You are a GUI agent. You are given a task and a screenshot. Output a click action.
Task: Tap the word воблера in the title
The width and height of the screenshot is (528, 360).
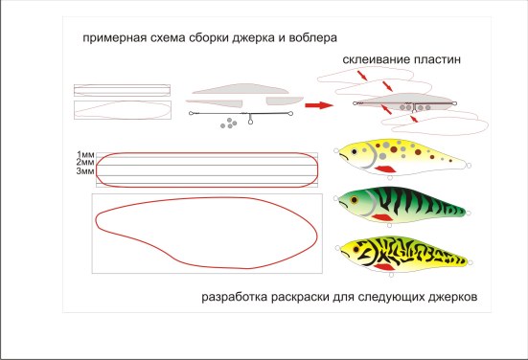point(312,37)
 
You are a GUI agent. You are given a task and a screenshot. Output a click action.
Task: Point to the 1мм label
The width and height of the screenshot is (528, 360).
point(85,154)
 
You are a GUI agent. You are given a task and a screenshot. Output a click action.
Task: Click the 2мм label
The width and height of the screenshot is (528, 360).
point(85,163)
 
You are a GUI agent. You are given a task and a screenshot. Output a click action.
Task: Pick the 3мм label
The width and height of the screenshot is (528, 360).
point(85,171)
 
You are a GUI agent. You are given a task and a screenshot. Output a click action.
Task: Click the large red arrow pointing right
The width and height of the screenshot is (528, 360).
point(319,105)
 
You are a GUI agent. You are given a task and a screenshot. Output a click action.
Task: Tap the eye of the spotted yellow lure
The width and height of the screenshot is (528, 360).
point(354,151)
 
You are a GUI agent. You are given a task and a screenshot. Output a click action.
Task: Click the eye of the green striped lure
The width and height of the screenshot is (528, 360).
point(354,200)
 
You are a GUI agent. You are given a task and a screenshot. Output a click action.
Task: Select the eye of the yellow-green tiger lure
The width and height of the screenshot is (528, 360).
point(356,250)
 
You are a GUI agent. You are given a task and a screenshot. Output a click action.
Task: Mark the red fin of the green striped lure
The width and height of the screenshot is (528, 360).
point(382,217)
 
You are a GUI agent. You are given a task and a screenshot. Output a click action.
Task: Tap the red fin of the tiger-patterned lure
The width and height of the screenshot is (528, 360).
point(384,267)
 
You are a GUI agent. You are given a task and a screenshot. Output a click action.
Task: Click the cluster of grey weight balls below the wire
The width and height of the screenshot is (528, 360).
point(229,123)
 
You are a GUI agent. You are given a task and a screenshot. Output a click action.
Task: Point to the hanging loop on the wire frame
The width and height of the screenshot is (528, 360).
point(250,119)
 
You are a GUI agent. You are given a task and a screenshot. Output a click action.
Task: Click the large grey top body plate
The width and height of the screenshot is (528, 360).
point(241,88)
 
